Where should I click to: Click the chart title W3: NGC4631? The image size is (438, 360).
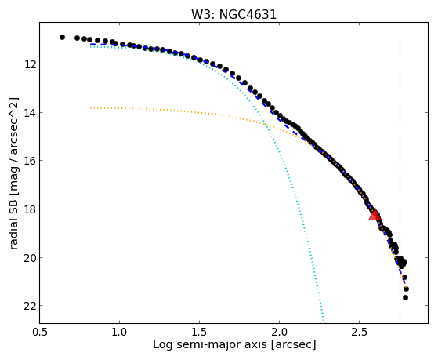[x=233, y=15]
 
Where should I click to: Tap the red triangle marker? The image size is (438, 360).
[x=375, y=215]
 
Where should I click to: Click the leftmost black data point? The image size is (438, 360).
[x=62, y=37]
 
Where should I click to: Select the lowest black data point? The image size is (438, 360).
[x=405, y=297]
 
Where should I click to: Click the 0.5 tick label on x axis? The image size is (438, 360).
[x=40, y=332]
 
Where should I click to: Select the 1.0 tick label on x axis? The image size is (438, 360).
[x=120, y=332]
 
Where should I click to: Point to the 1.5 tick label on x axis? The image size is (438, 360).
[x=200, y=332]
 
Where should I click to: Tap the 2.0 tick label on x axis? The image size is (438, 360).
[x=280, y=332]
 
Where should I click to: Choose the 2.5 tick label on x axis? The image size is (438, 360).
[x=359, y=332]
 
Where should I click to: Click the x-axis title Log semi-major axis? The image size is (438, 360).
[x=210, y=345]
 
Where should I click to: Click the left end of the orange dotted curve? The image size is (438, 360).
[x=91, y=107]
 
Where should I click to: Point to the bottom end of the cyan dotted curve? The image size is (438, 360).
[x=324, y=320]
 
